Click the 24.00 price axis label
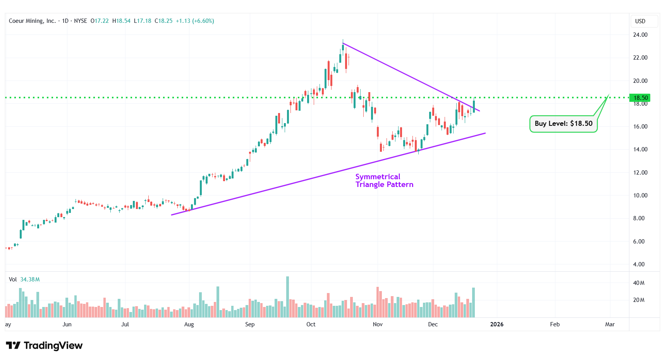tap(640, 35)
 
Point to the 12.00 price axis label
tap(640, 173)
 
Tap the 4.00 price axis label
tap(639, 264)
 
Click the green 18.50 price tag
tap(640, 98)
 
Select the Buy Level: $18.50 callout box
tap(563, 124)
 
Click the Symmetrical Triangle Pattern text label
tap(384, 181)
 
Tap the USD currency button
tap(640, 21)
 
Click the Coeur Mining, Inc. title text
tap(32, 21)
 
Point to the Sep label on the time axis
tap(250, 324)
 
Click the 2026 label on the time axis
tap(497, 324)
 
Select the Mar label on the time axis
tap(610, 324)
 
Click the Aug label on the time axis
tap(189, 324)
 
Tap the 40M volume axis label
tap(639, 283)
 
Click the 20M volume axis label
tap(639, 300)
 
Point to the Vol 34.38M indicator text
tap(24, 279)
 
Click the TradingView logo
tap(44, 345)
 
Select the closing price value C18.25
tap(163, 21)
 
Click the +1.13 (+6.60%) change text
tap(195, 21)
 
